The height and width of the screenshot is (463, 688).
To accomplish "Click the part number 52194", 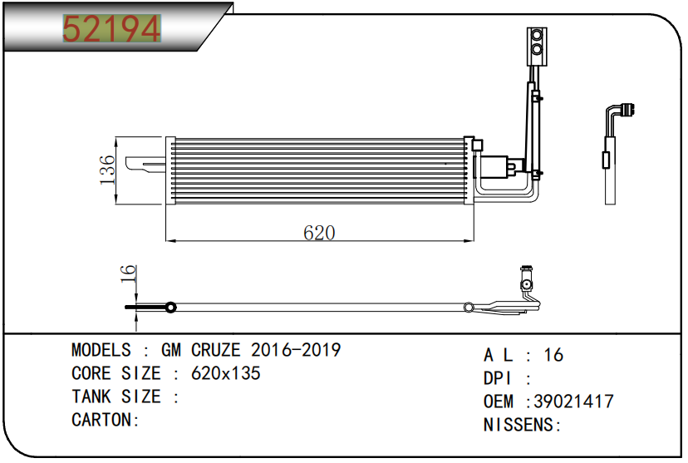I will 112,28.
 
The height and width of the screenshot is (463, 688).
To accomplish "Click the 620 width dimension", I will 319,233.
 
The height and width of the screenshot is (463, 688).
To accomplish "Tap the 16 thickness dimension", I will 127,275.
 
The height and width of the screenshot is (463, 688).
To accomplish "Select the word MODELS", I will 101,350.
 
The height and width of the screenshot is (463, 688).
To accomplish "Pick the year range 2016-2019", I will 295,350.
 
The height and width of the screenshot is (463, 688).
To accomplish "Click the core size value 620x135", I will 225,373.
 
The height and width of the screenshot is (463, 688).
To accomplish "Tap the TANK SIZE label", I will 116,397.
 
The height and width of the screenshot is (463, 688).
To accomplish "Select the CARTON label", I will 105,420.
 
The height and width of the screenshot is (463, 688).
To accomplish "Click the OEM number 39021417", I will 573,401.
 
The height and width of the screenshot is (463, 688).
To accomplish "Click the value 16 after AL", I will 553,355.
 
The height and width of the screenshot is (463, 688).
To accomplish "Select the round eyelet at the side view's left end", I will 170,308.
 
